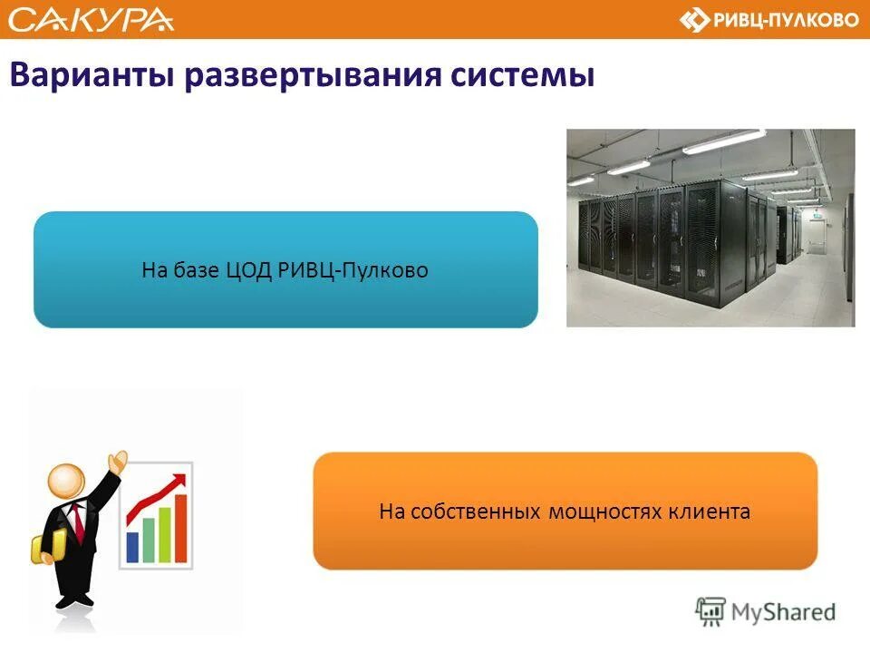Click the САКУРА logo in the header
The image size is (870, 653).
(x=91, y=19)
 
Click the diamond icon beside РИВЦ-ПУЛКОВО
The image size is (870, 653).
(x=695, y=20)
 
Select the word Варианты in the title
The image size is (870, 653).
(x=91, y=75)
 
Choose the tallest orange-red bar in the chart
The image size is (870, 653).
(x=180, y=528)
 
